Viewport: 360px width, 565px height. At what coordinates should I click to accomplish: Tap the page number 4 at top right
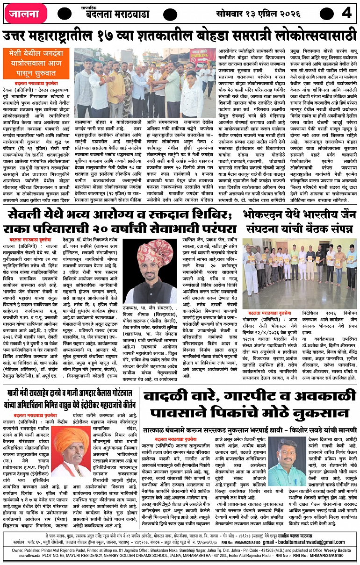(346, 13)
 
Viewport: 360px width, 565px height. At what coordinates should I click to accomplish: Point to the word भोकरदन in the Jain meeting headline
(265, 216)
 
